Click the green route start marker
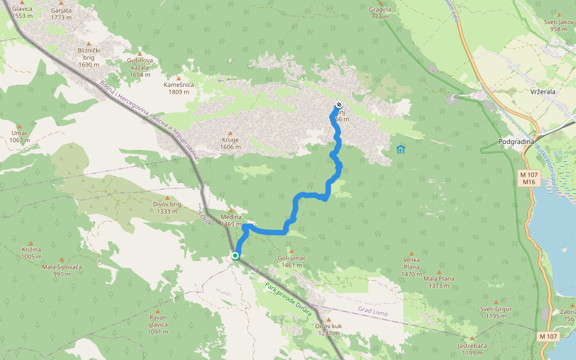[x=235, y=256]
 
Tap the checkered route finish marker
[x=339, y=104]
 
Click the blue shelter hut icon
[x=401, y=149]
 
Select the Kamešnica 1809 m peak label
[x=179, y=88]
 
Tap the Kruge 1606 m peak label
[x=230, y=143]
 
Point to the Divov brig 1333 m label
[x=167, y=208]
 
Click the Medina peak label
[x=230, y=217]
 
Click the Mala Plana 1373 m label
[x=439, y=282]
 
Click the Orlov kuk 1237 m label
[x=328, y=329]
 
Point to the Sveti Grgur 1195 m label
[x=496, y=312]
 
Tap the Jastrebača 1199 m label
[x=472, y=349]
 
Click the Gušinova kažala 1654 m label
[x=140, y=67]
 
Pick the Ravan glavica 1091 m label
[x=158, y=324]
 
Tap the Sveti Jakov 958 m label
[x=556, y=25]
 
